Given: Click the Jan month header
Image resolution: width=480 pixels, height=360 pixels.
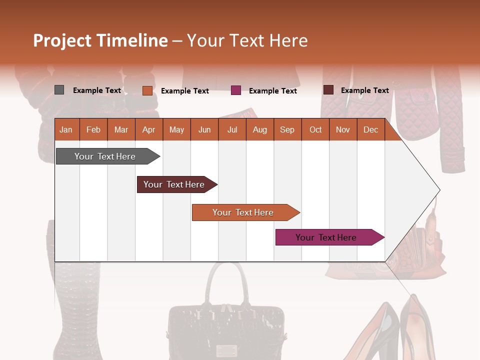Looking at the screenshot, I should (x=66, y=129).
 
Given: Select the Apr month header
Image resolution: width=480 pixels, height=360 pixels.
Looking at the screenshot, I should (x=148, y=129).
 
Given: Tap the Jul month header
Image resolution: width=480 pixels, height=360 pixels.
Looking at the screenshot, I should (x=232, y=129).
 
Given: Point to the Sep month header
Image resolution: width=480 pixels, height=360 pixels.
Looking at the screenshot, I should (x=287, y=129).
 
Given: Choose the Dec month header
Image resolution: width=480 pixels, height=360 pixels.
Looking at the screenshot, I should (x=370, y=129).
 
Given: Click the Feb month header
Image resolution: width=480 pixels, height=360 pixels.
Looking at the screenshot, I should (x=93, y=129).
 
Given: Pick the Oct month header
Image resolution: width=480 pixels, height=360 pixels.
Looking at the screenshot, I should (x=315, y=129).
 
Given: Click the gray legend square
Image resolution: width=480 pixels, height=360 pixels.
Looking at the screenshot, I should (x=59, y=90).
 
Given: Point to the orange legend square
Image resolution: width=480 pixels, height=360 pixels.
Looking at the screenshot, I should (x=147, y=90).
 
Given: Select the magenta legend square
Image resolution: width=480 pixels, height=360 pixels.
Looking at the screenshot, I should (x=236, y=90).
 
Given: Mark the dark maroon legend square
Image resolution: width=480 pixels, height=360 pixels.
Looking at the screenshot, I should (x=328, y=90).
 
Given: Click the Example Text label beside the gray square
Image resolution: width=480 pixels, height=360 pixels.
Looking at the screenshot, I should (x=97, y=90).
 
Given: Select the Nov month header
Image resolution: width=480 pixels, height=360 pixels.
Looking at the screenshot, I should (x=343, y=129).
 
